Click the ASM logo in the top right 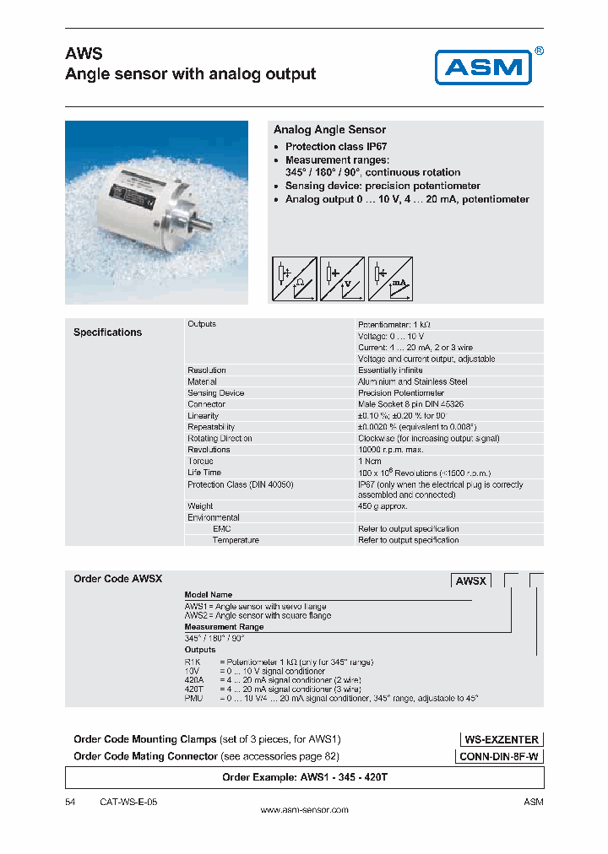482,67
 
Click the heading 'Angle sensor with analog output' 190,74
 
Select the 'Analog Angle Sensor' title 329,130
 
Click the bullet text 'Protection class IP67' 335,147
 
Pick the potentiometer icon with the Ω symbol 294,279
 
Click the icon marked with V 342,279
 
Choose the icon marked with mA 390,279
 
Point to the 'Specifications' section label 107,332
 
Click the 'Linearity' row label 203,416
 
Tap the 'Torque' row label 200,462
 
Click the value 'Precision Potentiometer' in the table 401,393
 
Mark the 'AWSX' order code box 471,581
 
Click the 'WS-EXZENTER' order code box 501,739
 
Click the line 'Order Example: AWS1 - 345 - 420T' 304,777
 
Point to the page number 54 70,801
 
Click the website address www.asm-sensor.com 304,810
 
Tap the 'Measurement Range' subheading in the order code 224,627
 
